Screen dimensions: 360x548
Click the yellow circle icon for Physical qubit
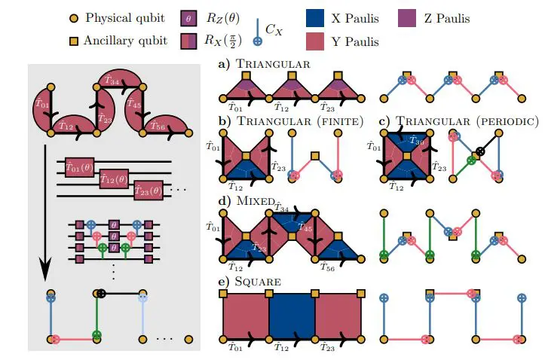click(x=72, y=17)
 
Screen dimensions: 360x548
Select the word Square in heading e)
click(x=259, y=282)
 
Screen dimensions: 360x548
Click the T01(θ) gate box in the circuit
click(x=78, y=167)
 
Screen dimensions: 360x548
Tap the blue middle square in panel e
click(x=292, y=316)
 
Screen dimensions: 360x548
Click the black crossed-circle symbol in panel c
click(x=480, y=151)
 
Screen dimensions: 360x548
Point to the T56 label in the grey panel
click(x=156, y=127)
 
